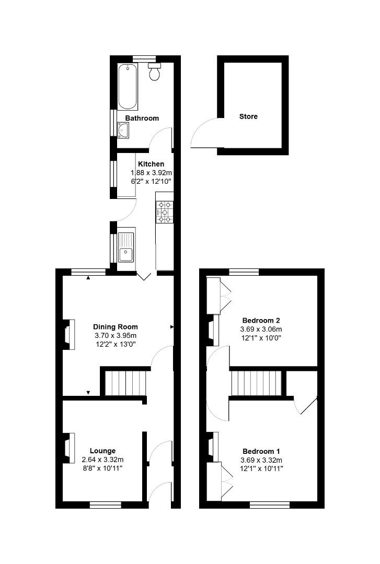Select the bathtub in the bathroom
coord(127,86)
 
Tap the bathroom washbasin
coord(124,130)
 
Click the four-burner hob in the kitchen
coord(165,212)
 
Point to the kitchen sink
coord(126,248)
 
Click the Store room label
coord(248,116)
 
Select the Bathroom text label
coord(142,119)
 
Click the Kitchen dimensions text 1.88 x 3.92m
coord(151,173)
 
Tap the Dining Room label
coord(116,327)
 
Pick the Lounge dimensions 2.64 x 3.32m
coord(102,460)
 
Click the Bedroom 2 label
coord(261,320)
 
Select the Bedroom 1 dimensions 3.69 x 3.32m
coord(261,460)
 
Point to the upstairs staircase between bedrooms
coord(256,384)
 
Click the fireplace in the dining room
coord(67,334)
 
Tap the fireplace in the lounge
coord(67,448)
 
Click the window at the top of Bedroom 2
coord(244,272)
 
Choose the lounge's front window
coord(105,504)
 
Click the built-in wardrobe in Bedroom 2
coord(214,295)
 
